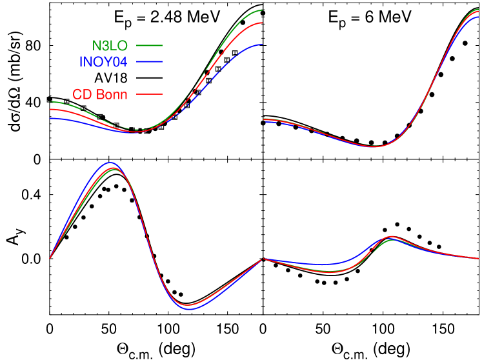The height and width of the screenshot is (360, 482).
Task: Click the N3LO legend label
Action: pos(109,46)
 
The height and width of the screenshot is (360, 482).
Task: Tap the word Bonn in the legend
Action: pos(113,94)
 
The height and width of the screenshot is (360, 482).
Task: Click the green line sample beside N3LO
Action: pos(149,46)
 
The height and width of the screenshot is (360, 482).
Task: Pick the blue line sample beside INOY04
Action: pos(149,62)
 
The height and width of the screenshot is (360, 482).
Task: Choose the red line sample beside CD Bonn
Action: pos(149,94)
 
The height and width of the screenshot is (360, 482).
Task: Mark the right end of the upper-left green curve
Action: pos(262,10)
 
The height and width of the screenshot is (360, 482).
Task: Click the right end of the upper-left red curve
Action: pos(262,23)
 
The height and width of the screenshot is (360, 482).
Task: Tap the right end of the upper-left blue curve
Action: pos(262,44)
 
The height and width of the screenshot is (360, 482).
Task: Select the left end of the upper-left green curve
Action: pos(50,102)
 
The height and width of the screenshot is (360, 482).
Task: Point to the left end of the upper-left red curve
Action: pos(50,110)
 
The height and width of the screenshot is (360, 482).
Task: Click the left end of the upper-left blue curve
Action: pos(50,118)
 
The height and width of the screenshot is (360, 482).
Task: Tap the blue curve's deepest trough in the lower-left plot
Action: pos(189,310)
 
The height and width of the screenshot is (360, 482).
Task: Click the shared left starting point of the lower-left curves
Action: pos(50,258)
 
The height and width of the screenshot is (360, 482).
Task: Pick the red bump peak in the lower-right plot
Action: pos(391,237)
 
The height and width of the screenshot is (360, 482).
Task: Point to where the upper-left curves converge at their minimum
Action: pos(137,132)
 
